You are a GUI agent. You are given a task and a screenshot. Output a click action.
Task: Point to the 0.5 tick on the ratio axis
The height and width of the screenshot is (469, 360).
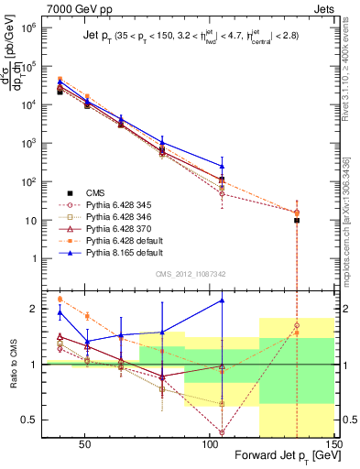tap(34, 420)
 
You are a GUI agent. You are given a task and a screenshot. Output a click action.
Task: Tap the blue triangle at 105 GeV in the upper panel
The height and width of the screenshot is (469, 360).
tap(222, 166)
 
